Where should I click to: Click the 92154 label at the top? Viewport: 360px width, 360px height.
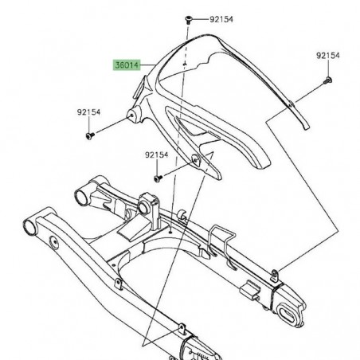pyautogui.click(x=217, y=18)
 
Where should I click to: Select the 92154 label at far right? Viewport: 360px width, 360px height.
pyautogui.click(x=327, y=56)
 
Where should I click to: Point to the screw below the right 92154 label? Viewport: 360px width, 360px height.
pyautogui.click(x=327, y=80)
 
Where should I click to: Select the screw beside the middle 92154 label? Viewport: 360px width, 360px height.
pyautogui.click(x=158, y=174)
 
